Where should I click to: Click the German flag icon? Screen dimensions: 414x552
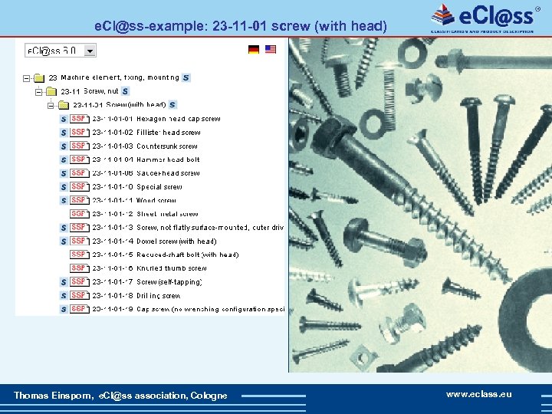[254, 50]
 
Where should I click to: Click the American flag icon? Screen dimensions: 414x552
[271, 50]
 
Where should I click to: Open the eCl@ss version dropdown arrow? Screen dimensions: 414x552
[90, 51]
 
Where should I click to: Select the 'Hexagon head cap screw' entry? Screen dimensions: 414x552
[178, 119]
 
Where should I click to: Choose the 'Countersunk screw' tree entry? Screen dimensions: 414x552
[166, 146]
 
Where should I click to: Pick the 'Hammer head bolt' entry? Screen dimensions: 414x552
[168, 159]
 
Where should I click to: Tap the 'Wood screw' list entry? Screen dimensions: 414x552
[156, 200]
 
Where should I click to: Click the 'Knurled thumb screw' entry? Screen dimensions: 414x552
[171, 268]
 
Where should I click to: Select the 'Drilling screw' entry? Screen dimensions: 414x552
[158, 295]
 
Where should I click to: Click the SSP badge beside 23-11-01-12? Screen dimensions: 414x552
[78, 214]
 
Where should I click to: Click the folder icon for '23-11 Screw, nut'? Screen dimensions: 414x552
[53, 91]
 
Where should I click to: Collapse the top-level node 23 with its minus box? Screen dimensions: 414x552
[27, 77]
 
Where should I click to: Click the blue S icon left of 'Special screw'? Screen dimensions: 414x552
[64, 187]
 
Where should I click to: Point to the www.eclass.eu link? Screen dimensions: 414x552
[479, 394]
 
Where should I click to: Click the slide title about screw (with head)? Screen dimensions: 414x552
[240, 26]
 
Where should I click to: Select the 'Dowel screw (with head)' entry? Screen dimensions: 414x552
[176, 241]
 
